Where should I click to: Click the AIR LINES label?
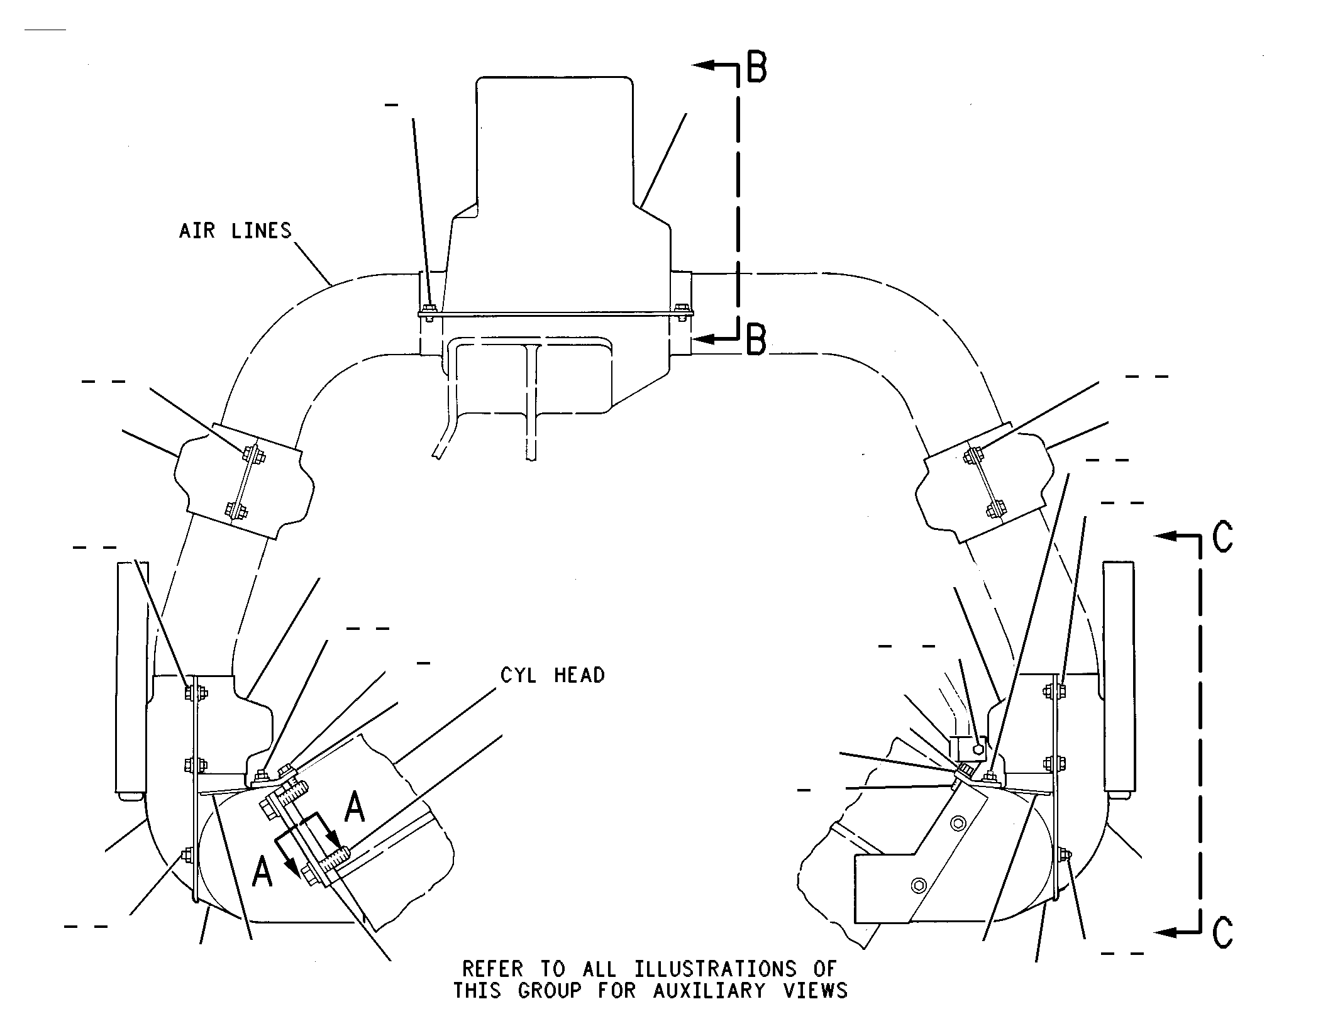point(235,231)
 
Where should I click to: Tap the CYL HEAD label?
point(553,675)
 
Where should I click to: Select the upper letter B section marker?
point(756,68)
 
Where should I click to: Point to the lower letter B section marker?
point(756,340)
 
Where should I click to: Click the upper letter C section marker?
point(1222,537)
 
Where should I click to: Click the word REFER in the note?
point(492,969)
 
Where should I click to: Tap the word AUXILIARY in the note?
point(709,991)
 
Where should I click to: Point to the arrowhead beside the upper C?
point(1167,536)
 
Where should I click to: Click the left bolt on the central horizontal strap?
point(429,312)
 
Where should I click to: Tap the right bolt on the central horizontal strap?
point(682,312)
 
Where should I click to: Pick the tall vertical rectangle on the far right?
point(1119,680)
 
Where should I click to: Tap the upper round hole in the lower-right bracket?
point(958,823)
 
